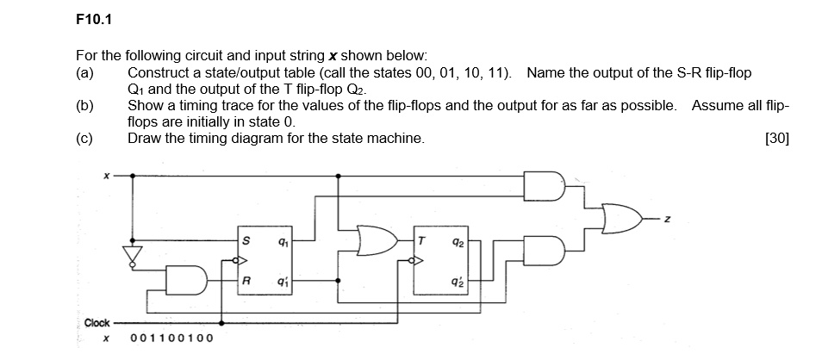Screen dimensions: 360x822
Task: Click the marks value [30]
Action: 775,138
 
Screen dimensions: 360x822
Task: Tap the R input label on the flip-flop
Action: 247,280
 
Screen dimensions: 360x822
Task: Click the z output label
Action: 665,222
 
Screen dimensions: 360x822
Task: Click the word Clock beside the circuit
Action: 97,323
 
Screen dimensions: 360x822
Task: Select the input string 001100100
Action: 171,338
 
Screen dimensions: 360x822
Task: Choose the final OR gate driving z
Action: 621,219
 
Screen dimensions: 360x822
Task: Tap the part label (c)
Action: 85,138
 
